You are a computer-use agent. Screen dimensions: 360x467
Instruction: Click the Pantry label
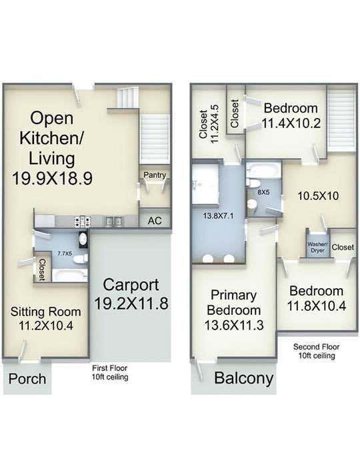pyautogui.click(x=155, y=175)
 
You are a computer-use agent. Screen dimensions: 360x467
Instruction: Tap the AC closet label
pyautogui.click(x=155, y=221)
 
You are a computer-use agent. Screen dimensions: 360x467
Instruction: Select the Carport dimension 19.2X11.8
pyautogui.click(x=131, y=304)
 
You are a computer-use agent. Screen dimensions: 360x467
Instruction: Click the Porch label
pyautogui.click(x=27, y=379)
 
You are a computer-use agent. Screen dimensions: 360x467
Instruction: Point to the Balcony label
pyautogui.click(x=244, y=378)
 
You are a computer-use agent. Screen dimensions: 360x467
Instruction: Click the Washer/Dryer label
pyautogui.click(x=317, y=248)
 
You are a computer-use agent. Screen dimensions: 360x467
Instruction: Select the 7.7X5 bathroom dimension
pyautogui.click(x=65, y=254)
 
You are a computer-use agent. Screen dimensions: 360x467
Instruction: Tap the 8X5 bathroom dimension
pyautogui.click(x=263, y=192)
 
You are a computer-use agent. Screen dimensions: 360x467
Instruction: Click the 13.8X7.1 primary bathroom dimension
pyautogui.click(x=218, y=215)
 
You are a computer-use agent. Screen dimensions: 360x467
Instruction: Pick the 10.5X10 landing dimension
pyautogui.click(x=318, y=196)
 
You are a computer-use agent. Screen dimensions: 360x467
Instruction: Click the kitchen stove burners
pyautogui.click(x=83, y=221)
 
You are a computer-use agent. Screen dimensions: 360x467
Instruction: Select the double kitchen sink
pyautogui.click(x=114, y=221)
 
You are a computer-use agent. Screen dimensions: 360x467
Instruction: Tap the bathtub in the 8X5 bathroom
pyautogui.click(x=263, y=171)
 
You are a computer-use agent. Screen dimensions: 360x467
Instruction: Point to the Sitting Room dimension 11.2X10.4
pyautogui.click(x=46, y=326)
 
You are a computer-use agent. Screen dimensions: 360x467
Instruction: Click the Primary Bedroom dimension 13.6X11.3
pyautogui.click(x=233, y=325)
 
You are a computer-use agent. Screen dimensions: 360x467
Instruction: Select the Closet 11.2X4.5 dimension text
pyautogui.click(x=215, y=123)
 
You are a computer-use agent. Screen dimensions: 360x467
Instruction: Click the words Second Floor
pyautogui.click(x=316, y=347)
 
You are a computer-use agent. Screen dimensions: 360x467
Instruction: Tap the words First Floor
pyautogui.click(x=109, y=368)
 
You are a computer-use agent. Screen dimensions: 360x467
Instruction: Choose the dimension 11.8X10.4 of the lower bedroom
pyautogui.click(x=317, y=306)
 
